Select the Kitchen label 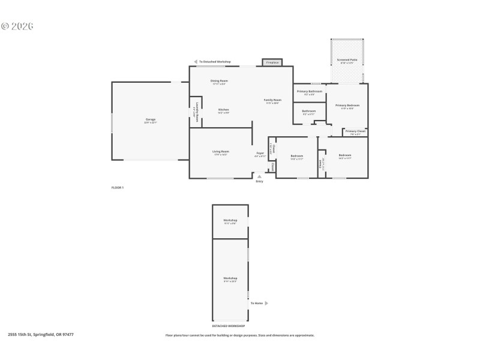point(223,110)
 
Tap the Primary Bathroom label point(310,92)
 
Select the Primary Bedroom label point(347,106)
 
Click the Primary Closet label point(355,131)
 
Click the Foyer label point(260,154)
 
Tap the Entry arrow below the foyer point(259,176)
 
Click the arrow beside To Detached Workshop point(196,62)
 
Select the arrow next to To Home point(266,303)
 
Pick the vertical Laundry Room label point(197,112)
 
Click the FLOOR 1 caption point(118,188)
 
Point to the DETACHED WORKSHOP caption point(230,326)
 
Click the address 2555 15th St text point(41,335)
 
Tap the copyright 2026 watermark point(17,26)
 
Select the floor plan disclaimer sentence point(240,335)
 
